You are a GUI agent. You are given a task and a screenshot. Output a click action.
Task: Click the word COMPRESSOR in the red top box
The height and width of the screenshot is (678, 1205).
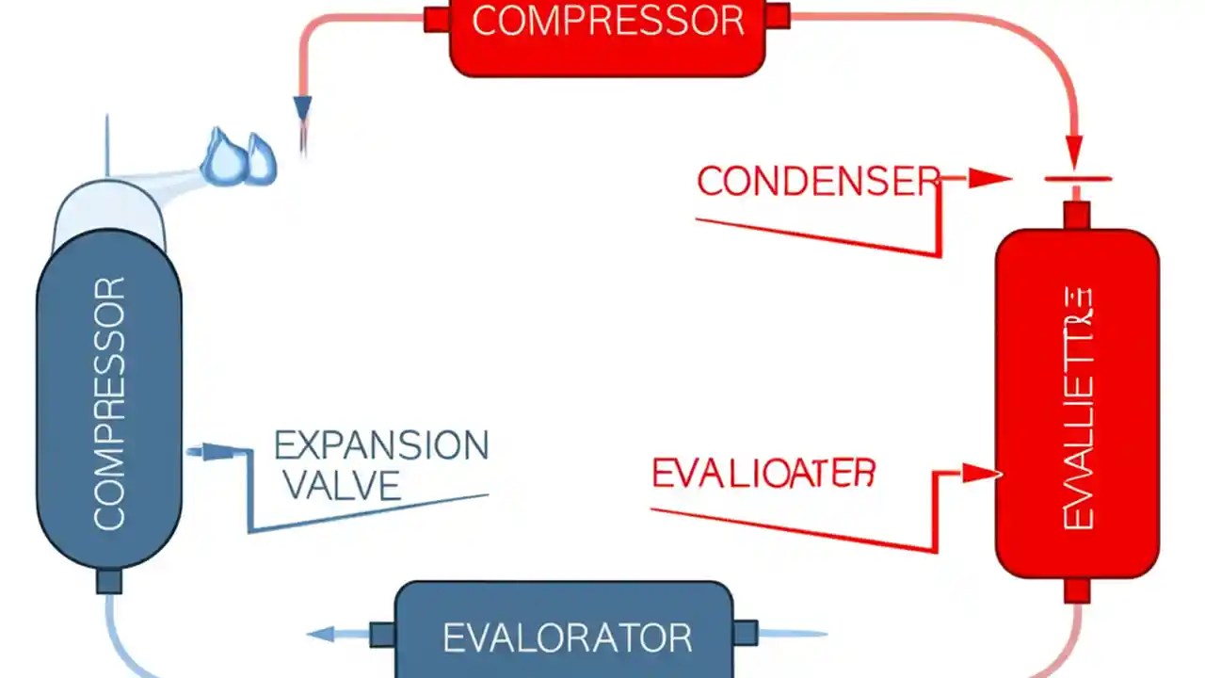pyautogui.click(x=607, y=21)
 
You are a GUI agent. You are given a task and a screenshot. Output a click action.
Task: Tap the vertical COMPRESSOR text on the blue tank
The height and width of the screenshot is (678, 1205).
pyautogui.click(x=109, y=403)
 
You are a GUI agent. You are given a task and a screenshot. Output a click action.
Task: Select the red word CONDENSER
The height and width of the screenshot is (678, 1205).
pyautogui.click(x=818, y=181)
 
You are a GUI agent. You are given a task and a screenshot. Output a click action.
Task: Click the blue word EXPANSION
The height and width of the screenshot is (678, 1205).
pyautogui.click(x=381, y=445)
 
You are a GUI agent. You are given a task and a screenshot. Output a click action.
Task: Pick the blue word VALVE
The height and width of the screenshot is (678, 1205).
pyautogui.click(x=341, y=485)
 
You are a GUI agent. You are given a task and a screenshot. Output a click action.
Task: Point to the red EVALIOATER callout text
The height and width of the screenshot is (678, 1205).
pyautogui.click(x=763, y=474)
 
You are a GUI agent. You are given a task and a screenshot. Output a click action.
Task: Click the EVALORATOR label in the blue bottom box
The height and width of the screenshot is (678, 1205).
pyautogui.click(x=568, y=638)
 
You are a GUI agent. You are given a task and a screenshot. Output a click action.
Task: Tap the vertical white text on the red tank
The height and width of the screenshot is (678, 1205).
pyautogui.click(x=1077, y=409)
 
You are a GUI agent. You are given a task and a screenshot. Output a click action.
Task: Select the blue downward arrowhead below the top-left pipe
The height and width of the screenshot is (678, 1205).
pyautogui.click(x=302, y=109)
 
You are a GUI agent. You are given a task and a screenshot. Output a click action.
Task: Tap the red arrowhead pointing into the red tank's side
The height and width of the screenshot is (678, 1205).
pyautogui.click(x=980, y=473)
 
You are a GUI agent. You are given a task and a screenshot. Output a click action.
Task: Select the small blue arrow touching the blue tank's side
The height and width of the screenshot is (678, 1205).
pyautogui.click(x=202, y=452)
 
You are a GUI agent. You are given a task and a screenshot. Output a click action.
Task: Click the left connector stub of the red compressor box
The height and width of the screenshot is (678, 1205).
pyautogui.click(x=437, y=19)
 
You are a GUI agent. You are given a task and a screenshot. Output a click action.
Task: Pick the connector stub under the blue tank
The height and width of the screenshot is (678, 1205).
pyautogui.click(x=109, y=581)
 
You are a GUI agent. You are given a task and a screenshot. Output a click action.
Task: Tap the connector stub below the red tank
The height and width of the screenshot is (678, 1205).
pyautogui.click(x=1077, y=590)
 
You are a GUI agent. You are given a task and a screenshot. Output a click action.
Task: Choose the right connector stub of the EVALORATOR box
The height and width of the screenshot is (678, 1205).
pyautogui.click(x=745, y=633)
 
